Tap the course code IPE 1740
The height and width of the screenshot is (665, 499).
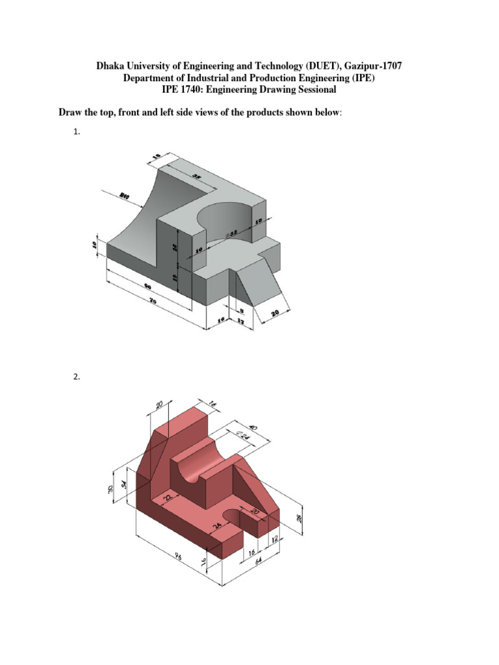pyautogui.click(x=194, y=90)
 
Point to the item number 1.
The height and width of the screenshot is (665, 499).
pyautogui.click(x=76, y=132)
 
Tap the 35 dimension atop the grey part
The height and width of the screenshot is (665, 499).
pyautogui.click(x=196, y=175)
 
